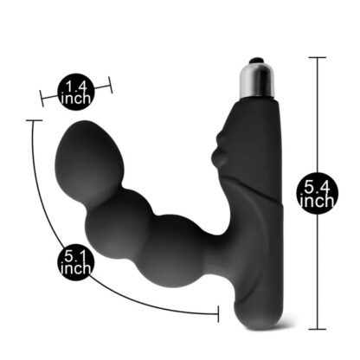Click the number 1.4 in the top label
coord(76,86)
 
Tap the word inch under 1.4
coord(76,99)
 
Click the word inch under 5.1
coord(76,268)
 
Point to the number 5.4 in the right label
coord(317,189)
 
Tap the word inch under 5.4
coord(317,201)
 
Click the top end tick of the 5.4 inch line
coord(318,58)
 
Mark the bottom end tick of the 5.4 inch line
coord(318,329)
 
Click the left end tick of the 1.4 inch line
coord(42,99)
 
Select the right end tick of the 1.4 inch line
coord(110,85)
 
